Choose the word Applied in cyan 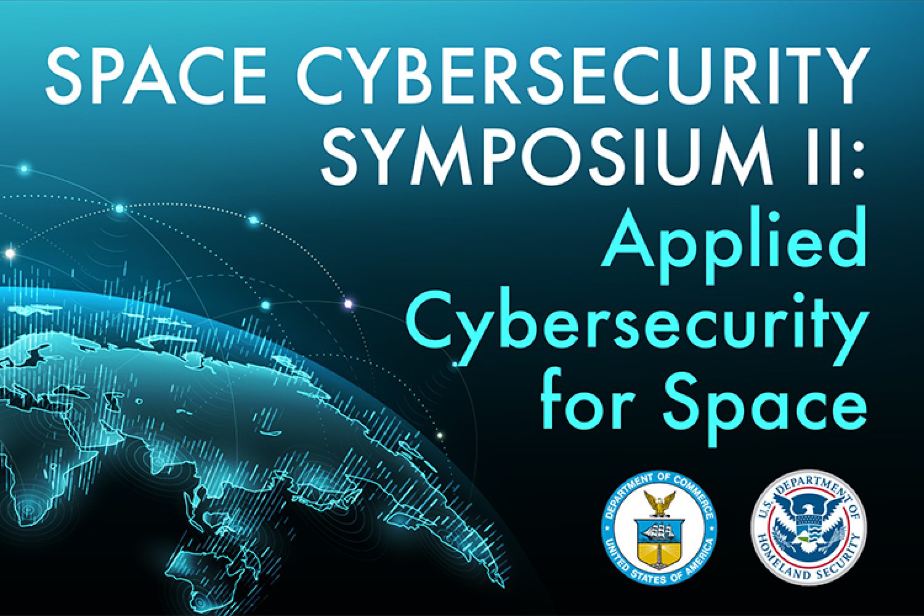(732, 246)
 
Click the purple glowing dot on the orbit (348, 304)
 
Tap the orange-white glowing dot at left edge (10, 253)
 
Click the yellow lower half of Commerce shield (659, 551)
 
